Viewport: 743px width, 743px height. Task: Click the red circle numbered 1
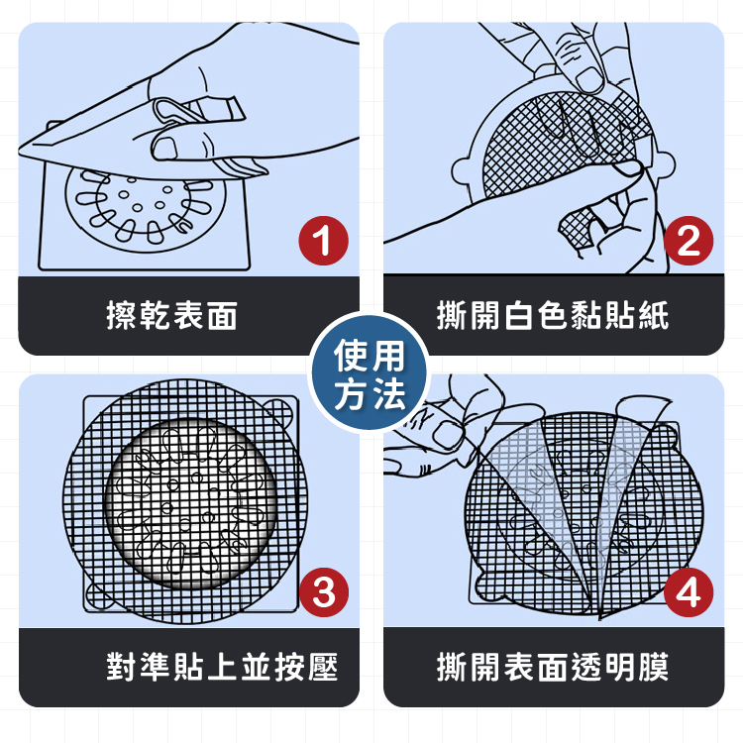[323, 241]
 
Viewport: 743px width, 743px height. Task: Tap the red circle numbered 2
[689, 241]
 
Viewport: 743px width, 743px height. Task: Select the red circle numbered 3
[324, 591]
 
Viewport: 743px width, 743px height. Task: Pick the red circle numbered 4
[689, 591]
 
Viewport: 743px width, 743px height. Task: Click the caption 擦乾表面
[171, 315]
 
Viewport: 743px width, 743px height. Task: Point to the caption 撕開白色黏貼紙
[553, 315]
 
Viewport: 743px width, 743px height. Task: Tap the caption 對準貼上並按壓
[222, 667]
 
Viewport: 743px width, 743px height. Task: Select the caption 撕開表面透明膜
[553, 667]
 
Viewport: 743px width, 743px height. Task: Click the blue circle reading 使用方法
[370, 371]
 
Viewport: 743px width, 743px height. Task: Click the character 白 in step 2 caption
[519, 315]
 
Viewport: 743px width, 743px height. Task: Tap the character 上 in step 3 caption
[222, 667]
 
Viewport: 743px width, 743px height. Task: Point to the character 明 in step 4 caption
[620, 667]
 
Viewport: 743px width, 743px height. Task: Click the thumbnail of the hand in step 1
[164, 148]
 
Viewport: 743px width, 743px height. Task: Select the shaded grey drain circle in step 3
[190, 503]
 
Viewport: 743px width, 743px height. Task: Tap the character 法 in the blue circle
[387, 393]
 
